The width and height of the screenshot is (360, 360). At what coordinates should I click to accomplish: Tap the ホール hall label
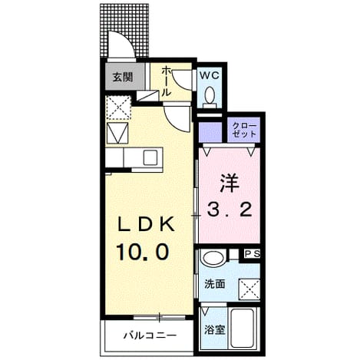[x=166, y=81]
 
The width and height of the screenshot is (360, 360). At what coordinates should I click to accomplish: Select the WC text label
[x=210, y=75]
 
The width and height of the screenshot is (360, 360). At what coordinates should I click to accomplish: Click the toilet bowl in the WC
[x=210, y=94]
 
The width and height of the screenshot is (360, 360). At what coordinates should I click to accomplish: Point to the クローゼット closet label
[x=244, y=130]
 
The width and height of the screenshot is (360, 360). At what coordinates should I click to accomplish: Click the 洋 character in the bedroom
[x=229, y=183]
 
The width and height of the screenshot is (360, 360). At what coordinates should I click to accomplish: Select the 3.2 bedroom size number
[x=230, y=210]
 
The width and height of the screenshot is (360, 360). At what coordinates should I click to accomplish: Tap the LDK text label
[x=146, y=224]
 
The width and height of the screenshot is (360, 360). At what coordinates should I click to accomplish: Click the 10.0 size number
[x=143, y=252]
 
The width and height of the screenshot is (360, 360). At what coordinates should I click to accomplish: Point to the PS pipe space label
[x=253, y=254]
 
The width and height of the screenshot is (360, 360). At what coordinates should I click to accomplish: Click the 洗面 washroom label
[x=215, y=284]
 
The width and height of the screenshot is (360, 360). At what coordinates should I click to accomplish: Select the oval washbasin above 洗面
[x=213, y=258]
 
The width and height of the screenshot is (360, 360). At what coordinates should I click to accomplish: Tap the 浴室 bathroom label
[x=215, y=330]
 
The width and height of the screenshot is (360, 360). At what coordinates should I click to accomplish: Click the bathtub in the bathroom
[x=243, y=328]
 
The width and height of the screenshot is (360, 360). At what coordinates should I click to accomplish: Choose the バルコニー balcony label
[x=150, y=335]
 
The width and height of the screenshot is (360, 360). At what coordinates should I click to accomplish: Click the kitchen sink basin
[x=150, y=157]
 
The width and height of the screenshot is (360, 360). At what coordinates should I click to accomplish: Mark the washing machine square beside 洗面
[x=249, y=289]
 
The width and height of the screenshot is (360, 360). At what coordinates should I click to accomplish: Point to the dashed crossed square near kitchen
[x=118, y=107]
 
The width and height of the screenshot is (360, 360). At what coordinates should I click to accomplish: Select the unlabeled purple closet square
[x=210, y=132]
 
